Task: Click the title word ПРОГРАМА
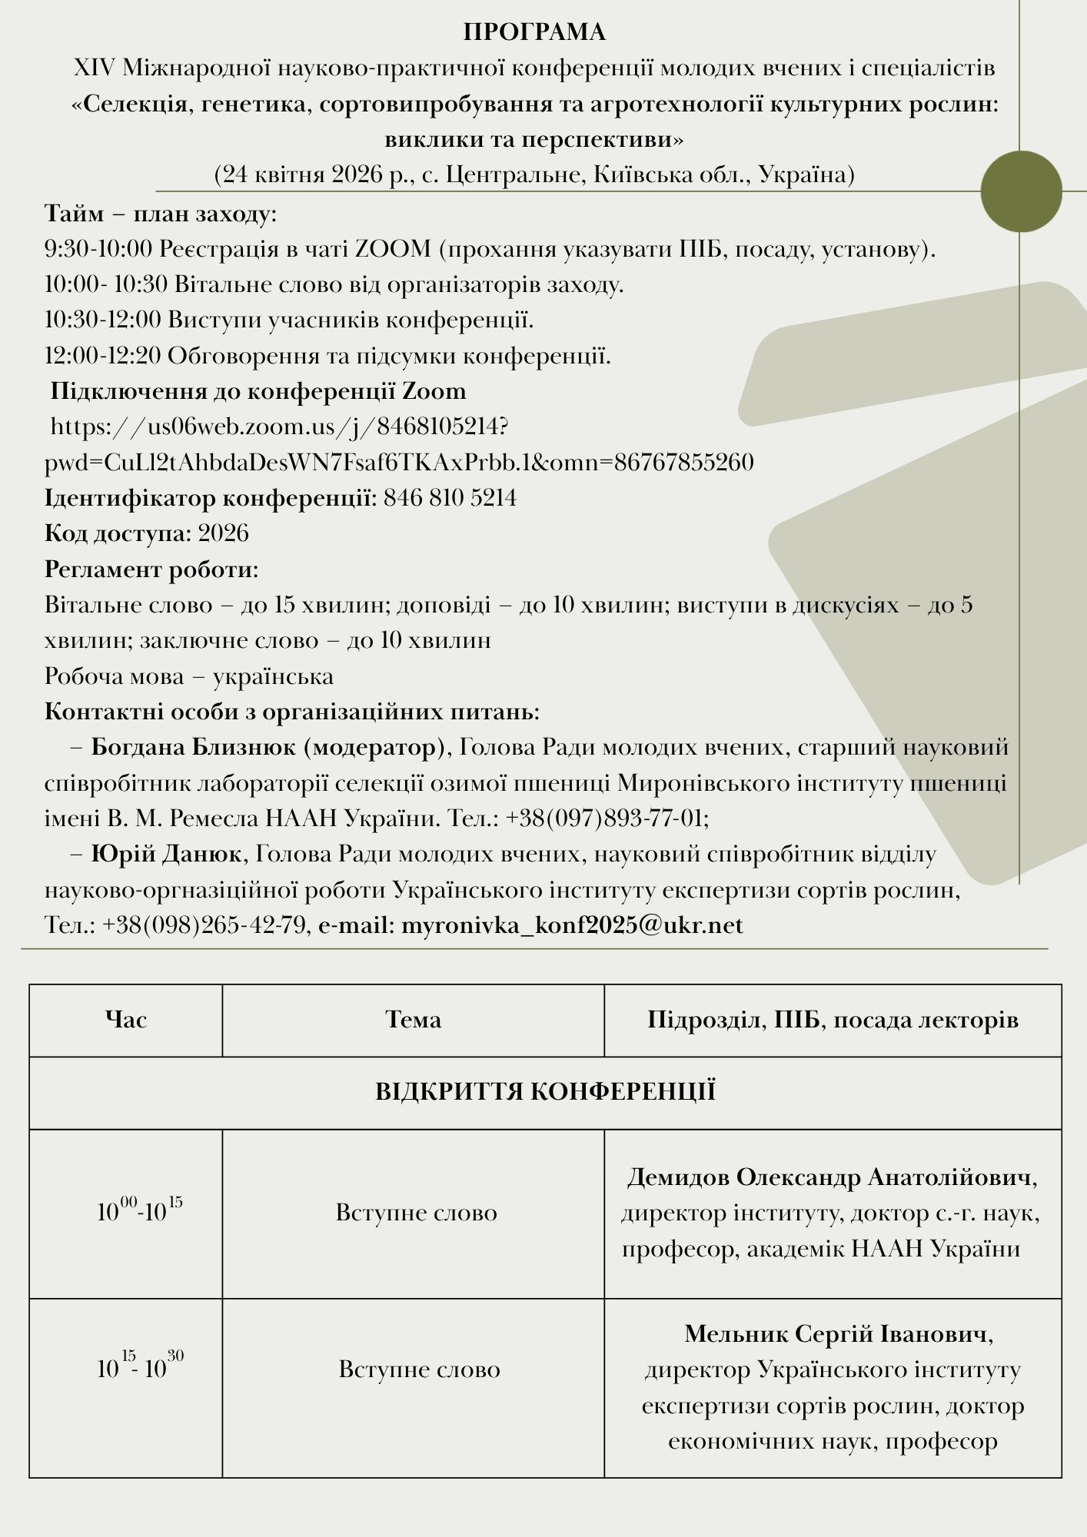[534, 32]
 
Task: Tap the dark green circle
[1021, 191]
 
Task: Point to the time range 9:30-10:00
[99, 249]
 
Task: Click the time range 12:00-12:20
[102, 356]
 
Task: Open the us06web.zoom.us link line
[279, 427]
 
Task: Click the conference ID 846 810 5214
[450, 498]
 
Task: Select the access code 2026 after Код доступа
[223, 533]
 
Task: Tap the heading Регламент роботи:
[151, 569]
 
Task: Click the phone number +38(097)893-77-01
[607, 818]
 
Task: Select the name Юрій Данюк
[165, 854]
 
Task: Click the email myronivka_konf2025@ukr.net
[572, 925]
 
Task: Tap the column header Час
[126, 1020]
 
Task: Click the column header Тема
[413, 1020]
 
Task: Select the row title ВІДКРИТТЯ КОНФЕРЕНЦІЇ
[545, 1092]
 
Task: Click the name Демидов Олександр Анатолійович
[833, 1177]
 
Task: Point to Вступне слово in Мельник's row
[420, 1369]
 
